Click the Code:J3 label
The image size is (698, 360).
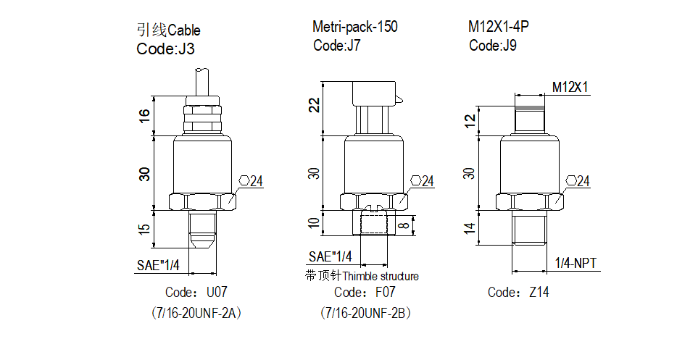coord(165,49)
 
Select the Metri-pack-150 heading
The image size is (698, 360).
coord(355,28)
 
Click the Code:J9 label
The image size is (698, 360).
coord(493,46)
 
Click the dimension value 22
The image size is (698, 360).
coord(314,106)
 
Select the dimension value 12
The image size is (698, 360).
coord(470,119)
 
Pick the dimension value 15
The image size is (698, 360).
coord(144,230)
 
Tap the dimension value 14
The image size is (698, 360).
coord(470,229)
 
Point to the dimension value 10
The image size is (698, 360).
coord(314,223)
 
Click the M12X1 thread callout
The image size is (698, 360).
coord(570,88)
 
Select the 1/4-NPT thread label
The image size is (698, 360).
coord(576,263)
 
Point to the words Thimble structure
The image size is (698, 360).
coord(381,277)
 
